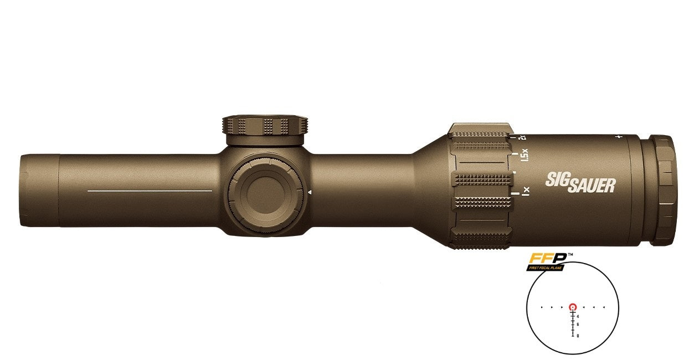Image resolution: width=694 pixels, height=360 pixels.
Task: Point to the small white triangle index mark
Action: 310,192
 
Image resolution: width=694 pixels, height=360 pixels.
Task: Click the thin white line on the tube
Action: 150,191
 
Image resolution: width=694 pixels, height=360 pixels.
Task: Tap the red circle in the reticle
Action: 573,306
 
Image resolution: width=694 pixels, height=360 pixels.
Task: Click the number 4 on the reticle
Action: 578,316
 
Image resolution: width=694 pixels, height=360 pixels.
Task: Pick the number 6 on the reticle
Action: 578,325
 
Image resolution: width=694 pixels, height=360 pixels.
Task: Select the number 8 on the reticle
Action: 578,336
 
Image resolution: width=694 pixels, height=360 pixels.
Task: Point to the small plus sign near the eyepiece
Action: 618,136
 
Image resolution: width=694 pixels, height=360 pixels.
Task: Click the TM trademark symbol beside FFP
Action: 570,255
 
